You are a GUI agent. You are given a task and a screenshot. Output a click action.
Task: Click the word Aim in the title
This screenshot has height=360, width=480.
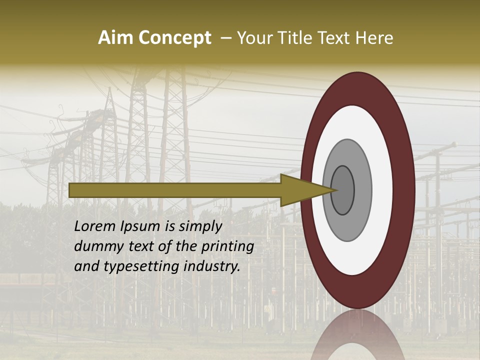[x=116, y=38]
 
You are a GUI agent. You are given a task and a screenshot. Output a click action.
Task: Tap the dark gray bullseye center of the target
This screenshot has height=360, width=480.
[x=343, y=190]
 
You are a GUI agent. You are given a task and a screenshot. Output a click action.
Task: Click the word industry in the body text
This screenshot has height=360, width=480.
[x=212, y=267]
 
